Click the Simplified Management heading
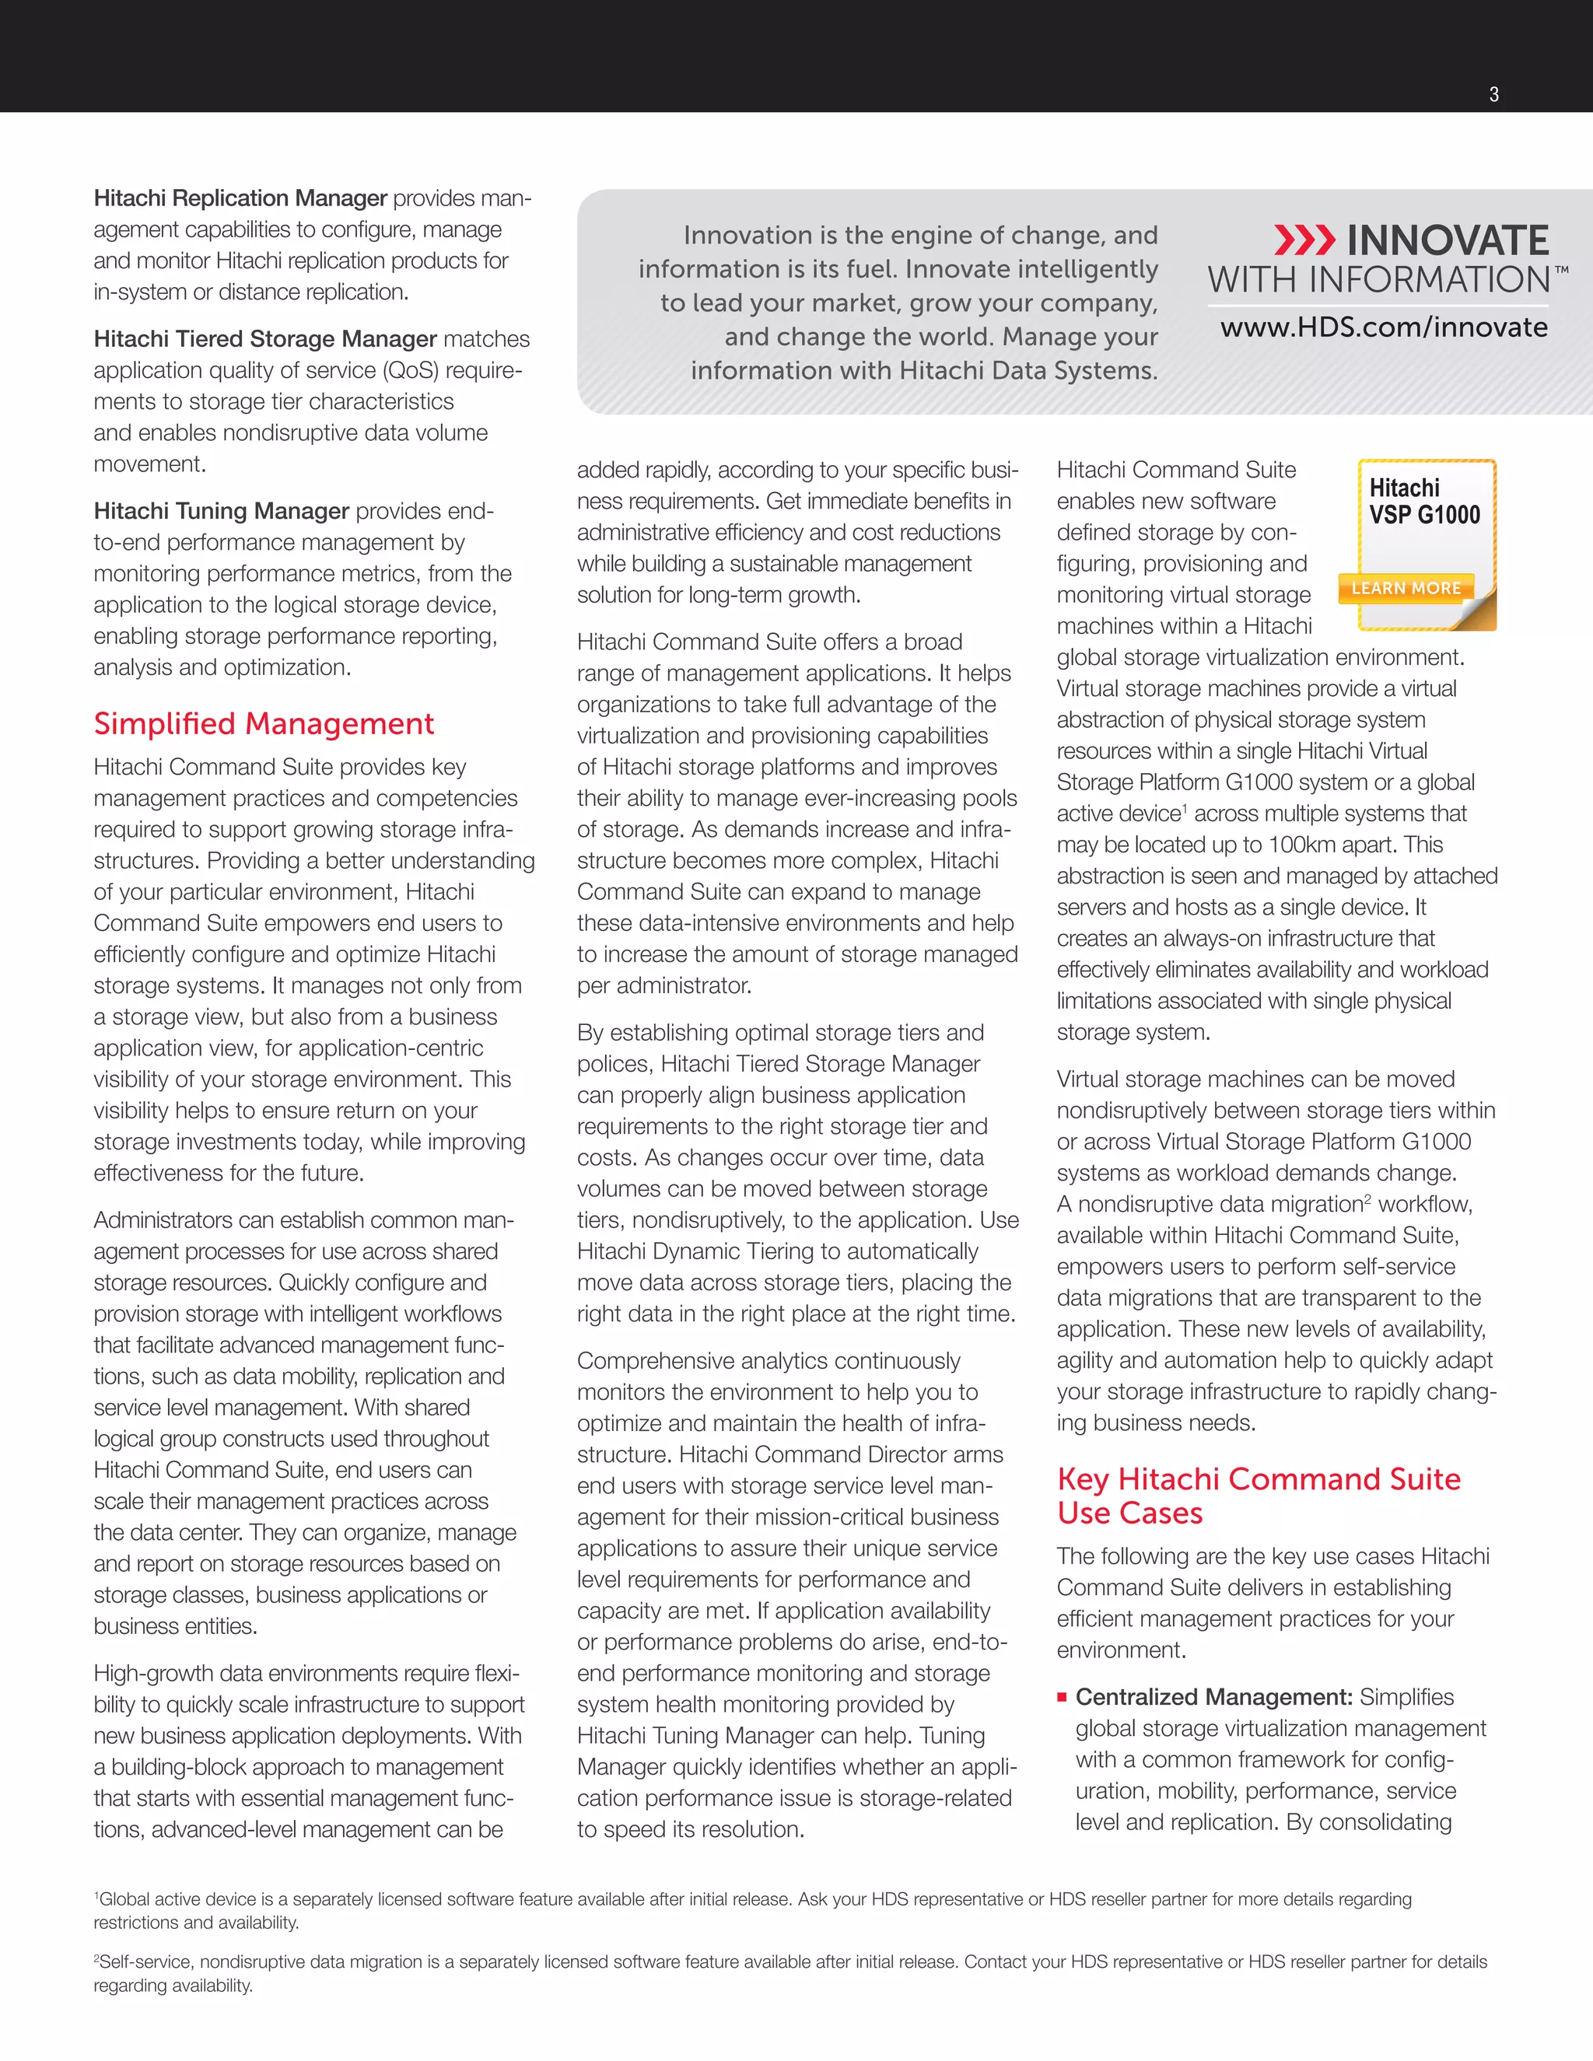tap(264, 724)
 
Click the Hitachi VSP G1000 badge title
tap(1424, 501)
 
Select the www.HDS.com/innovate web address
tap(1384, 327)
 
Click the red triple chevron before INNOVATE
tap(1304, 240)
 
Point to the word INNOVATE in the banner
tap(1447, 240)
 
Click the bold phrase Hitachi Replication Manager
tap(240, 198)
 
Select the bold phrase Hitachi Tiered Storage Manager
tap(264, 339)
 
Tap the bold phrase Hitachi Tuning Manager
tap(221, 510)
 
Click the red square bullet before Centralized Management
tap(1062, 1698)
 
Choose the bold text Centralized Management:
tap(1213, 1697)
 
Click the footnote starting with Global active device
tap(752, 1910)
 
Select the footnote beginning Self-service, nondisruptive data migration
tap(790, 1972)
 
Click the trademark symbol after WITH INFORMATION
tap(1561, 271)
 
